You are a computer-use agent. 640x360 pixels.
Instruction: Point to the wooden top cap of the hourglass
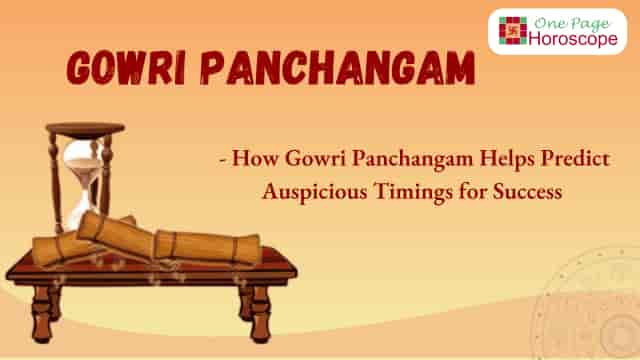coord(85,129)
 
